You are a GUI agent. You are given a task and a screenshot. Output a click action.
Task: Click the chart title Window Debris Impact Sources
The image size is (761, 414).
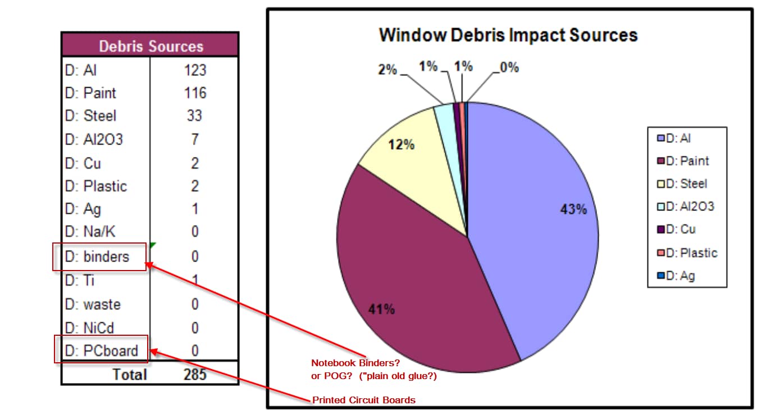[508, 35]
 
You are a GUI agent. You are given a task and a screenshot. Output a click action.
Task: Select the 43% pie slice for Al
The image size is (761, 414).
[539, 225]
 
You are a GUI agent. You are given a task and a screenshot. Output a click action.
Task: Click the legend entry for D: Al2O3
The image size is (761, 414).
[686, 206]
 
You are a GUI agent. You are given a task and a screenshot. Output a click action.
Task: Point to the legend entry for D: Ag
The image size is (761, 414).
[676, 276]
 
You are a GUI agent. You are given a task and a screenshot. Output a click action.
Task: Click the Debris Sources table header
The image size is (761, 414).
[151, 46]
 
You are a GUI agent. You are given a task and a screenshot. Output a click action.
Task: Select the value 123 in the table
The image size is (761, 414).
[195, 70]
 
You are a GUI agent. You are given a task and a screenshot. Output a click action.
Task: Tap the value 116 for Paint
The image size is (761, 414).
[195, 93]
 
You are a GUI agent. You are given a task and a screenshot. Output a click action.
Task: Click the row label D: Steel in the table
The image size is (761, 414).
[90, 116]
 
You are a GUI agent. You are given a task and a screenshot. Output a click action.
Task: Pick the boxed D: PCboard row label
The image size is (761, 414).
[101, 350]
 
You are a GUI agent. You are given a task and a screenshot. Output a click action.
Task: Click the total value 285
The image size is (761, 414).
[195, 374]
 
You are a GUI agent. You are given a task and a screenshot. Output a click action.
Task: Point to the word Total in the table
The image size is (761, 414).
[130, 374]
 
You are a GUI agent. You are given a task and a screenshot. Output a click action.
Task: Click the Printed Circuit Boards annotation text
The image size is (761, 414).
[364, 400]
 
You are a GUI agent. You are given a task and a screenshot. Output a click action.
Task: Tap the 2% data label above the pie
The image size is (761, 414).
[387, 70]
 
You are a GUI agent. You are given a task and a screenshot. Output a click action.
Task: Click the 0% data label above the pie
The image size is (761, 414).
[509, 68]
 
